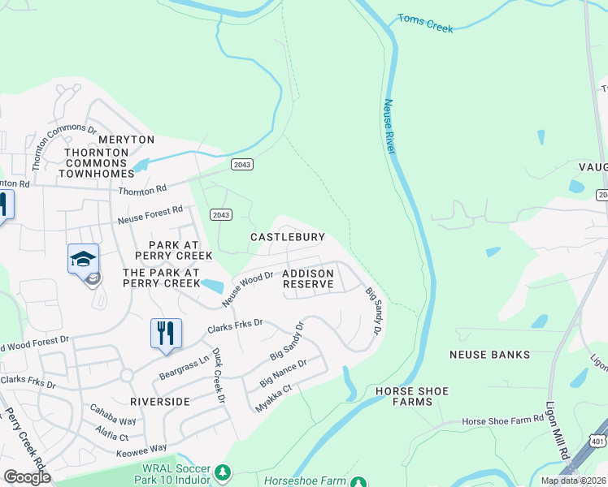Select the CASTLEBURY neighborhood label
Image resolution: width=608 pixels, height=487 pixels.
pos(288,237)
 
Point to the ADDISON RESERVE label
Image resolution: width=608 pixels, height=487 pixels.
pos(308,279)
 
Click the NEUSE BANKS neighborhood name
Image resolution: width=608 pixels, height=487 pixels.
pos(489,355)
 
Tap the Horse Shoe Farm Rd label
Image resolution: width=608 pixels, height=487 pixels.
pos(502,420)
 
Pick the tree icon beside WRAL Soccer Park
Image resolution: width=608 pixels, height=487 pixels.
pos(222,472)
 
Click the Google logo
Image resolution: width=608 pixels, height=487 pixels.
pos(27,477)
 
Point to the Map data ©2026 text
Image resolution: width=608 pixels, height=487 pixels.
pos(572,481)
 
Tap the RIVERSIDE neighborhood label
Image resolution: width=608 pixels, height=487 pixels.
pos(160,401)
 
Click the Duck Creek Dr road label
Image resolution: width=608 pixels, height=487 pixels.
pos(218,375)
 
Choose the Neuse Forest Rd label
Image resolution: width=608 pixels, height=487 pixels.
pos(151,215)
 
